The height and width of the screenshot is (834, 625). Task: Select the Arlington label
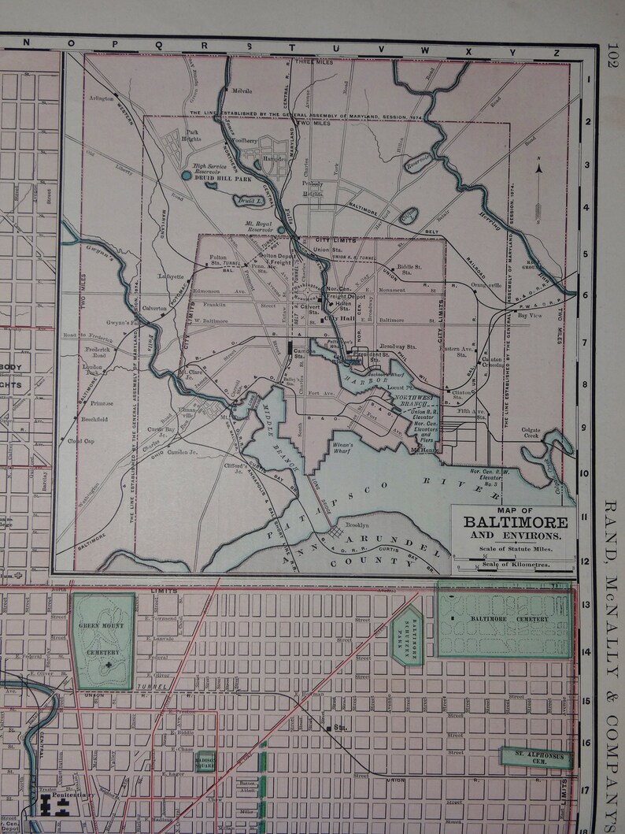(x=100, y=98)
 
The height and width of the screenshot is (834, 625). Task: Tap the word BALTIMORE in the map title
(x=515, y=522)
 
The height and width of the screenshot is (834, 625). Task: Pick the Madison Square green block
(x=205, y=761)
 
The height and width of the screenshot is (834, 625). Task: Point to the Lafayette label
(x=170, y=277)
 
